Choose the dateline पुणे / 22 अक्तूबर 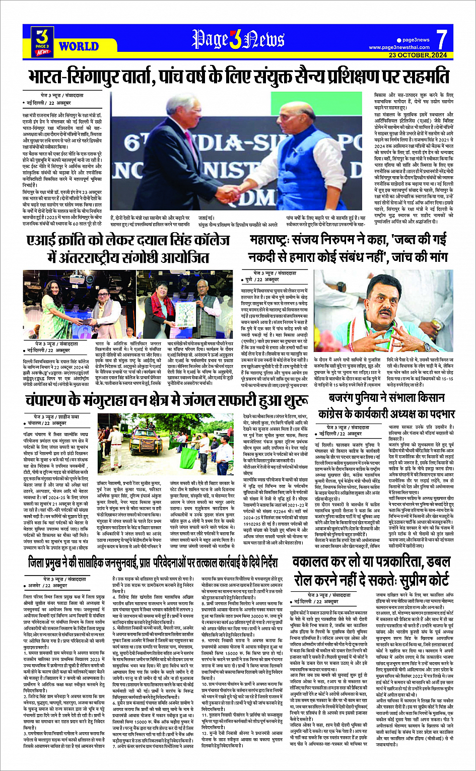pyautogui.click(x=260, y=279)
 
